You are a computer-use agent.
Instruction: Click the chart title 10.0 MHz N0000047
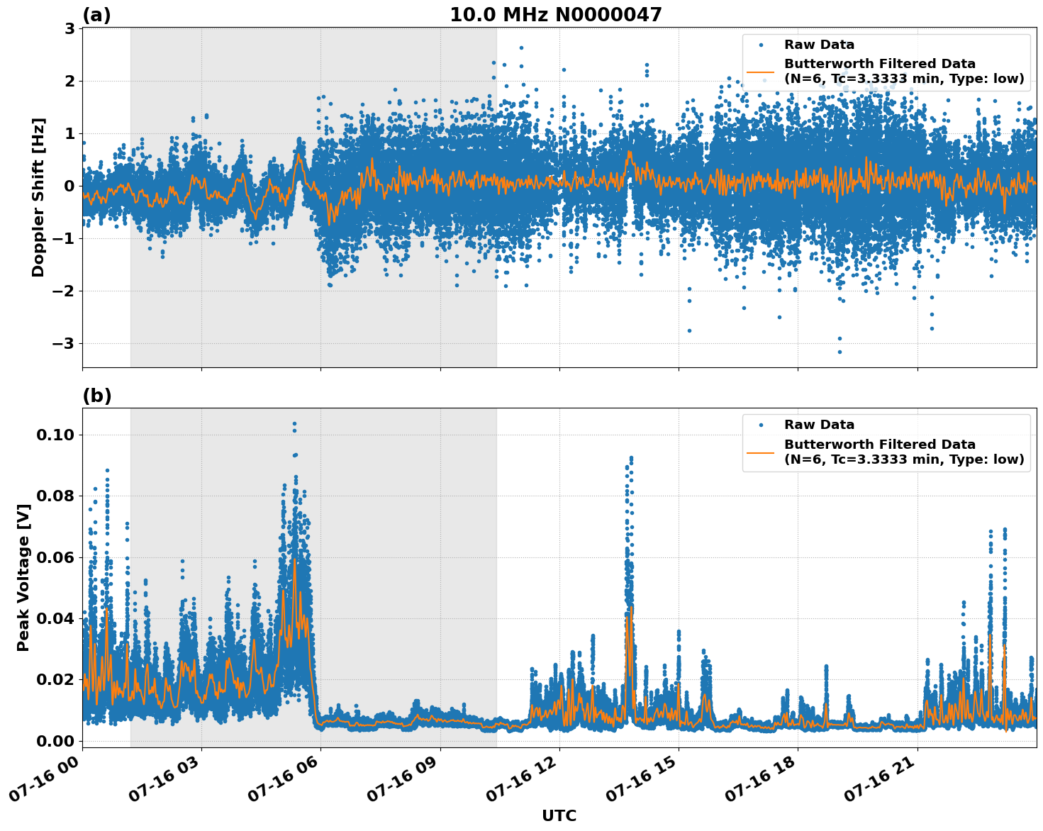click(x=555, y=15)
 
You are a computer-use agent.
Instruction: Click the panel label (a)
click(x=96, y=15)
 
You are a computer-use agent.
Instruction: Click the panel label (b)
click(x=96, y=396)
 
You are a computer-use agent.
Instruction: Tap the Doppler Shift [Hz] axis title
click(x=38, y=197)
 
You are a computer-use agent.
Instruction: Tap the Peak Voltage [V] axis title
click(x=23, y=577)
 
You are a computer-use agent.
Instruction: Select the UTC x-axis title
click(x=559, y=815)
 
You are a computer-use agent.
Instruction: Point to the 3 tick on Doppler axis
click(x=69, y=29)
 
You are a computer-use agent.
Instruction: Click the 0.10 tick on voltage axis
click(x=55, y=435)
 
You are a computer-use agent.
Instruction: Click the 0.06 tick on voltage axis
click(x=55, y=557)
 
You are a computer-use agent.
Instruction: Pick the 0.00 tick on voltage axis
click(x=55, y=741)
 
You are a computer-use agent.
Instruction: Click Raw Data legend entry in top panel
click(x=819, y=45)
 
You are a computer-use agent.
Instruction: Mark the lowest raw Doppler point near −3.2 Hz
click(x=840, y=352)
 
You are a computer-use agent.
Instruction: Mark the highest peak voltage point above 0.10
click(x=294, y=424)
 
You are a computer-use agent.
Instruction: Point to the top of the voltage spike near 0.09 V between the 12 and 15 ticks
click(x=631, y=459)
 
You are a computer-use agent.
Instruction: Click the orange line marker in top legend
click(x=761, y=71)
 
